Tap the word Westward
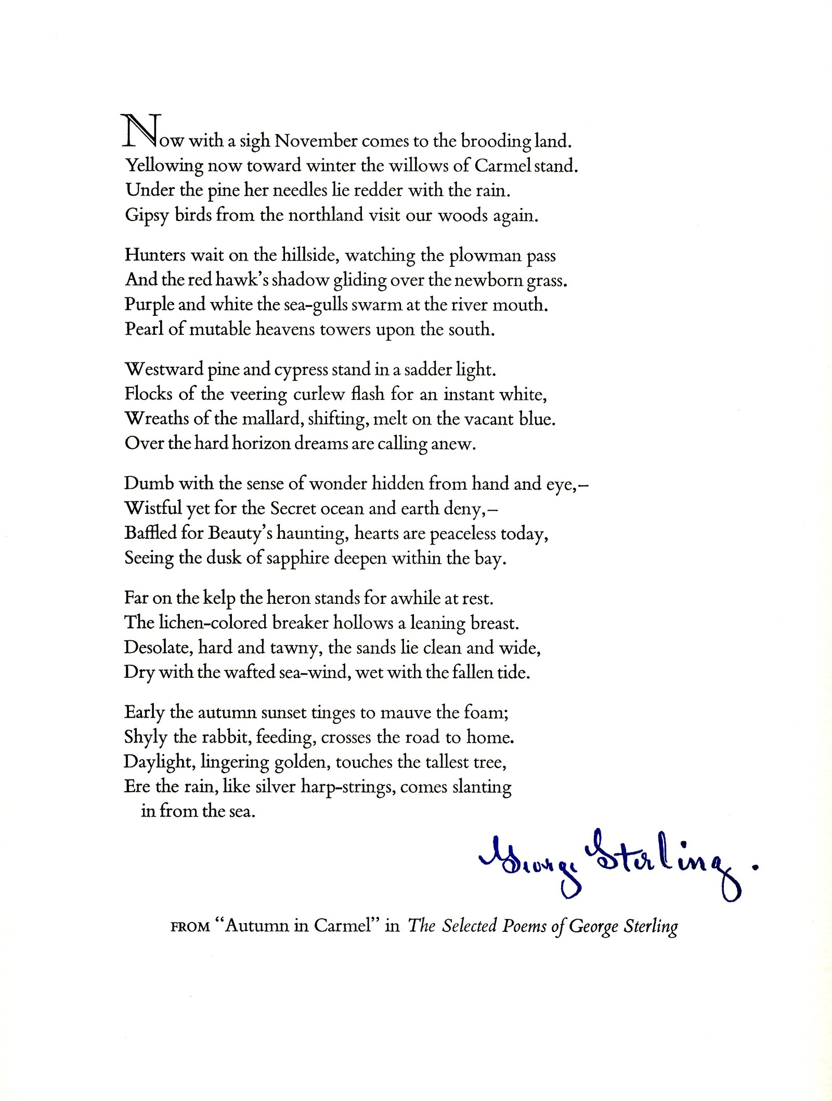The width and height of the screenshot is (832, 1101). point(164,370)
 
